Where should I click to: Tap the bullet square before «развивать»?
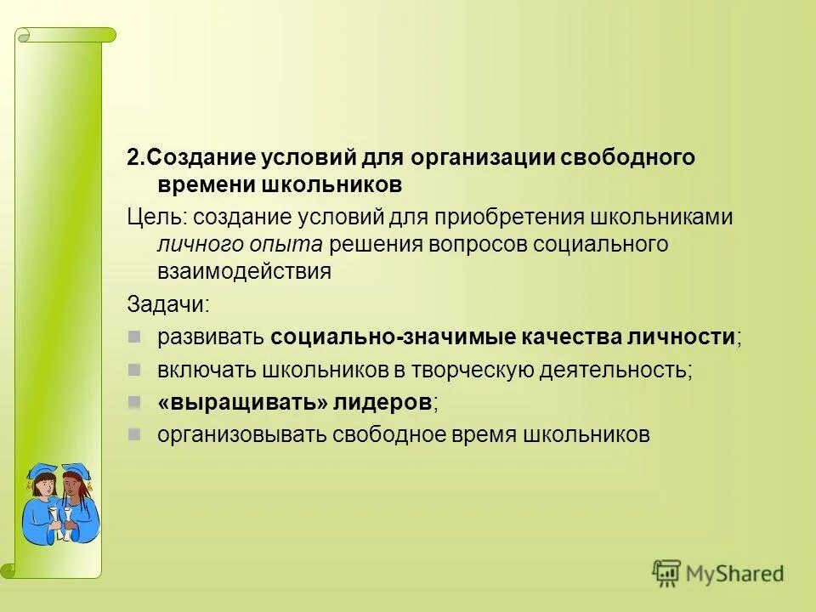point(134,336)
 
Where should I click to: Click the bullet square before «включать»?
point(134,369)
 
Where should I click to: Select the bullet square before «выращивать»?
point(134,401)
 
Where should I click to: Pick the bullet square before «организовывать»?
point(134,433)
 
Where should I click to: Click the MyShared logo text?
point(736,574)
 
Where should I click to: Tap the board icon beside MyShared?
point(667,574)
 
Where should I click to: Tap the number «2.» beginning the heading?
point(137,157)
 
